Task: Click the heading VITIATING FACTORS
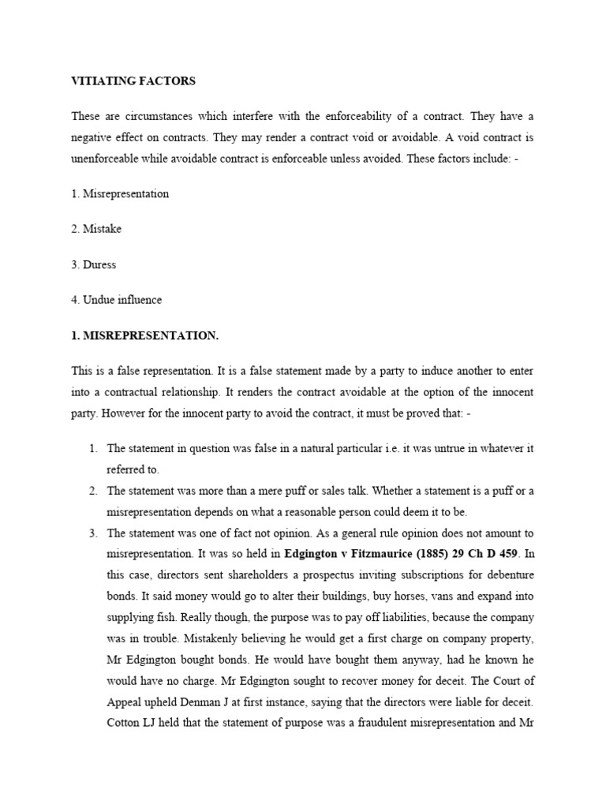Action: pyautogui.click(x=133, y=81)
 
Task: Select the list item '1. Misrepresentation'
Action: pyautogui.click(x=120, y=193)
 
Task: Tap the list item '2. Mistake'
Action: pyautogui.click(x=96, y=229)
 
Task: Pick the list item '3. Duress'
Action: pyautogui.click(x=94, y=264)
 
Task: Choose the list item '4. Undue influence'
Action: pyautogui.click(x=117, y=300)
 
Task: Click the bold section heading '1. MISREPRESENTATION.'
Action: pyautogui.click(x=144, y=335)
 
